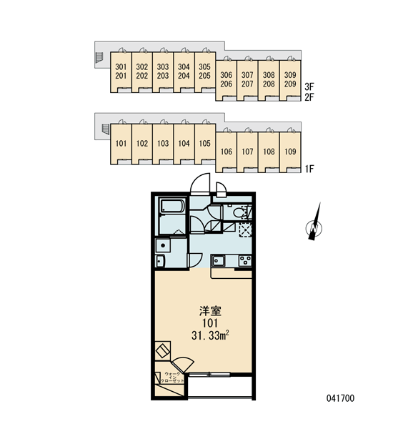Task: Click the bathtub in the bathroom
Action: pos(173,206)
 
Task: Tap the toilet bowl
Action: pos(239,212)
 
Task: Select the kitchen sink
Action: pos(218,261)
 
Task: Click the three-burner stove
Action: pos(245,261)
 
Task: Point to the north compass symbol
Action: pos(314,225)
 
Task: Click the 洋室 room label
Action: pos(210,311)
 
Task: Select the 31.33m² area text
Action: pos(210,335)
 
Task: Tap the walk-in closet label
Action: pos(172,377)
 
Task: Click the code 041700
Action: pos(340,398)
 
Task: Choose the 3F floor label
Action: pos(309,87)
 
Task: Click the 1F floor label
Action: pos(309,169)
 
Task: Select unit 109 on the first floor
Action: pos(290,152)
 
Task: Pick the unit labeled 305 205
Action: pos(205,72)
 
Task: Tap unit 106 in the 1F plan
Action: pos(227,152)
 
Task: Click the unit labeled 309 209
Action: pos(290,80)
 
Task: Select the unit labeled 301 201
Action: pos(121,72)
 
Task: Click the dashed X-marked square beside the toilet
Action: pos(245,230)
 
